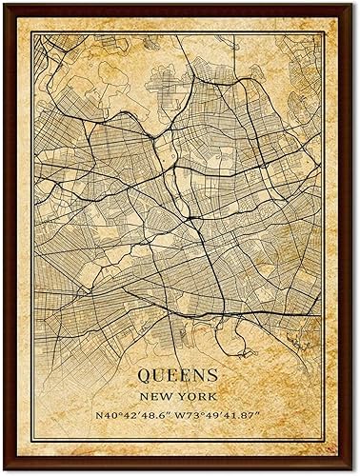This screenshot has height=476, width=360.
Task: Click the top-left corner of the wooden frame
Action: tap(4, 4)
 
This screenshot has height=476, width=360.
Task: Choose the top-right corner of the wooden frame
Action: tap(356, 4)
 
